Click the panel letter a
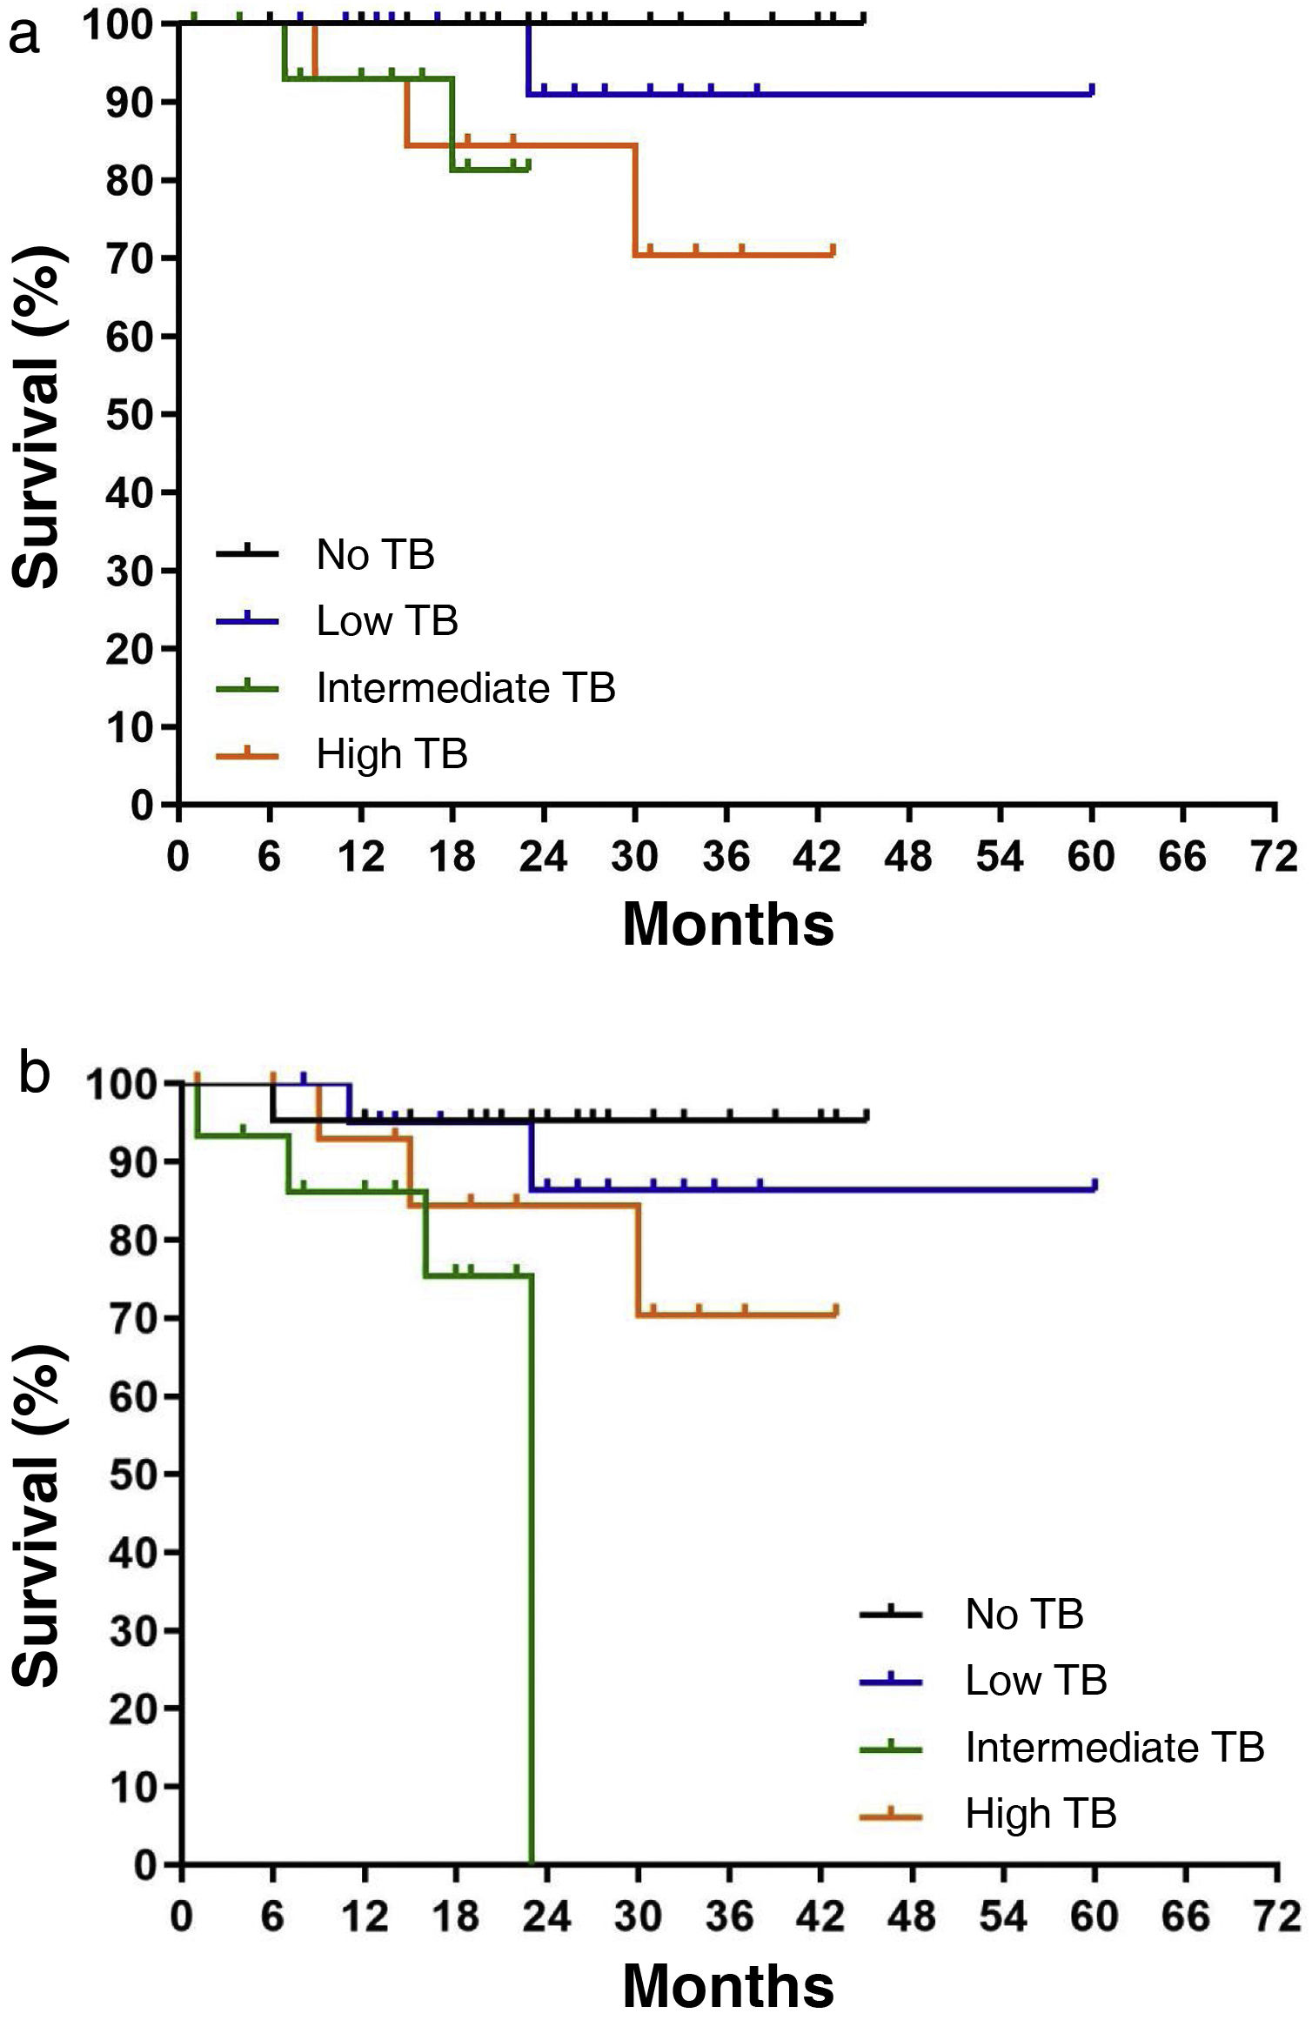pyautogui.click(x=23, y=37)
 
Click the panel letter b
pyautogui.click(x=34, y=1074)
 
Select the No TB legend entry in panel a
pyautogui.click(x=375, y=554)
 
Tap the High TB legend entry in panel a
pyautogui.click(x=392, y=753)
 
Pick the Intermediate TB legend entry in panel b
pyautogui.click(x=1114, y=1747)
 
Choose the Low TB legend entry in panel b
pyautogui.click(x=1035, y=1680)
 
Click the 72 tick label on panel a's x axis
pyautogui.click(x=1274, y=858)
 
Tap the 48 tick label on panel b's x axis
pyautogui.click(x=912, y=1917)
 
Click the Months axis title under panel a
pyautogui.click(x=728, y=924)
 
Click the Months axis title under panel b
pyautogui.click(x=728, y=1985)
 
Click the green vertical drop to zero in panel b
pyautogui.click(x=532, y=1566)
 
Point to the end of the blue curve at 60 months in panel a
pyautogui.click(x=1091, y=91)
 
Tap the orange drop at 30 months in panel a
pyautogui.click(x=635, y=200)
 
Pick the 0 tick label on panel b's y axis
pyautogui.click(x=145, y=1865)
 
